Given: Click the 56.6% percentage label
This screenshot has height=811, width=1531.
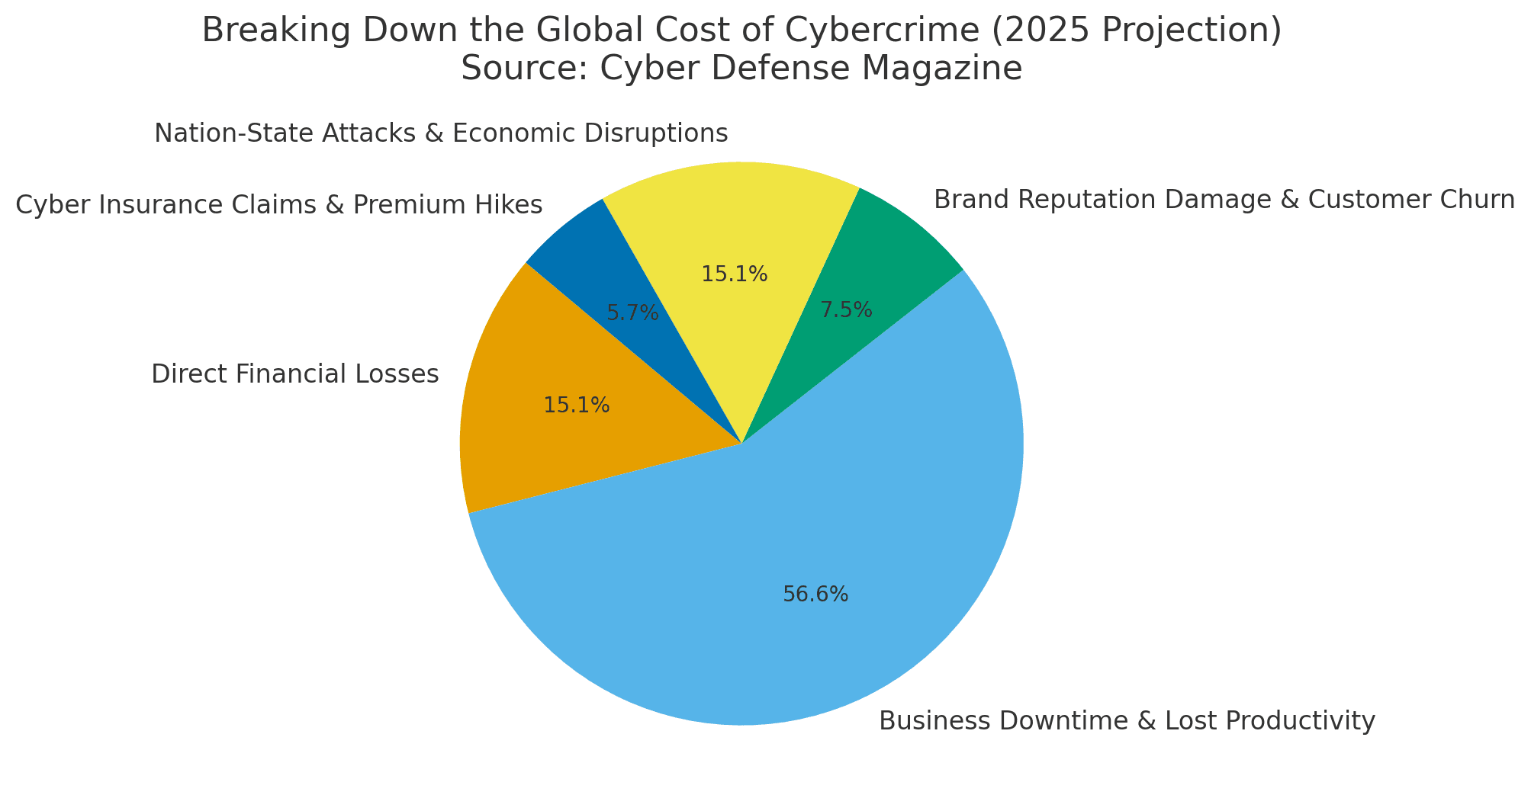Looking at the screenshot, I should click(x=815, y=595).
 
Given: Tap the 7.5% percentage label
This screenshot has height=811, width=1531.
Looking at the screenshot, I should click(x=846, y=310).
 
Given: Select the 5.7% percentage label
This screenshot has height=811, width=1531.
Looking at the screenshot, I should click(x=632, y=313).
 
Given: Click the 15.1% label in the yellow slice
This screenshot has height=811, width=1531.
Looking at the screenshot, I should click(x=735, y=274).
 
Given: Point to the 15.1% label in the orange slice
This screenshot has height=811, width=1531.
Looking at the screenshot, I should click(x=577, y=405).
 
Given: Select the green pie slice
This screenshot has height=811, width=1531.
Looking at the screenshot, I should click(x=885, y=252).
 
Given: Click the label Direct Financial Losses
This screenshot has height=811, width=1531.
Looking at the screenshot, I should click(x=295, y=374).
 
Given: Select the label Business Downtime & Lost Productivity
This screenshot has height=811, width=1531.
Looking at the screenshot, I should click(x=1127, y=721).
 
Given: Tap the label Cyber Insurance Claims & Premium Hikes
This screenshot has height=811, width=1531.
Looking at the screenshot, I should click(x=278, y=204).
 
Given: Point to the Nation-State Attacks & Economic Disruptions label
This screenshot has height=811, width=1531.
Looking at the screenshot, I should click(x=441, y=133).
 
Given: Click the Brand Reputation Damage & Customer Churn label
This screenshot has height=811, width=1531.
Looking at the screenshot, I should click(x=1224, y=200).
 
